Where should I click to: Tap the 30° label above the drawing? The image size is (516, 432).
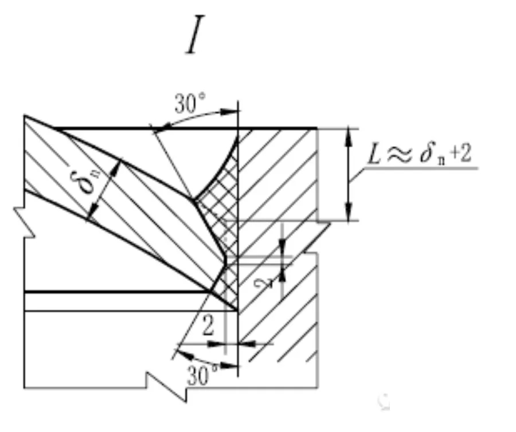tap(191, 105)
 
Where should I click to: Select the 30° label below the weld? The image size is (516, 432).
tap(202, 375)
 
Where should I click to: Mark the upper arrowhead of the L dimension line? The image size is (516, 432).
tap(349, 134)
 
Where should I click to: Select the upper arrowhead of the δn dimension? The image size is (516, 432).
tap(116, 166)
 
